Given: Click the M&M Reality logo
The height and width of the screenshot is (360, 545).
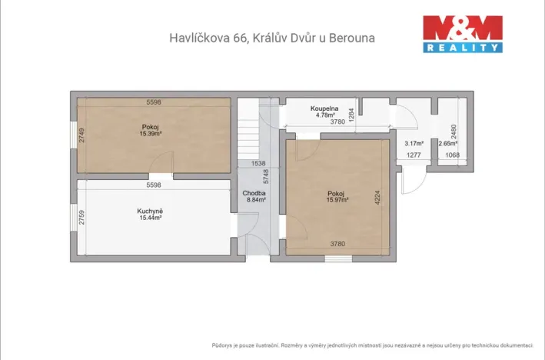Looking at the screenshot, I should (464, 34).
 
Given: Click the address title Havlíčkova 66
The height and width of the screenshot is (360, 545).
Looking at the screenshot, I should (271, 37).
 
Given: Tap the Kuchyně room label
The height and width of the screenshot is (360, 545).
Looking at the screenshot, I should (149, 211).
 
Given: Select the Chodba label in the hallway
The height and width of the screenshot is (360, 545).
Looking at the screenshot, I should (254, 193).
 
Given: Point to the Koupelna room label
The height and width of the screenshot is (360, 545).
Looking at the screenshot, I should (326, 108).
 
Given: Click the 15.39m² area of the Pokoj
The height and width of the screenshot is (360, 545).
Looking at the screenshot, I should (150, 133).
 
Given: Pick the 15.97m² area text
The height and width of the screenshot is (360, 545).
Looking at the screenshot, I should (337, 199).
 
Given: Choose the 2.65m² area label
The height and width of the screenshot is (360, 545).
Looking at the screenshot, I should (447, 143).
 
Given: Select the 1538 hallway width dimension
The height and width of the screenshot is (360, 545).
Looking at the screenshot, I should (258, 163).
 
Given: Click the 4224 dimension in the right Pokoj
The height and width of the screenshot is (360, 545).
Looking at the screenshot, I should (377, 196).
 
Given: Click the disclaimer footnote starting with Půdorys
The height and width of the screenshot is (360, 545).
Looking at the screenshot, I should (374, 345).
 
